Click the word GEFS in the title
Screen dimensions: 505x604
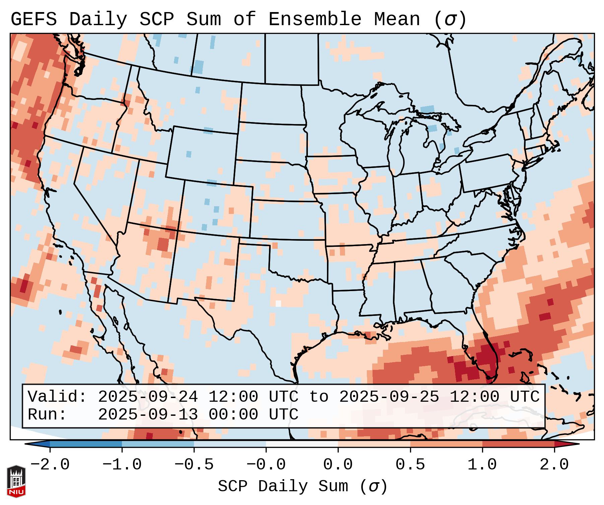point(34,19)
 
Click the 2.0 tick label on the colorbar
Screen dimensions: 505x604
point(554,465)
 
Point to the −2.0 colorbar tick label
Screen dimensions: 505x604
point(50,465)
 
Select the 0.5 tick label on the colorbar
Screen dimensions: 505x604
point(410,465)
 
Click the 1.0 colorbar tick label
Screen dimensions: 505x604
point(482,465)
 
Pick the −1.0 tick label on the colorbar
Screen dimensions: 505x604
point(122,465)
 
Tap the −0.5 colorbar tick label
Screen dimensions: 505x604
point(194,465)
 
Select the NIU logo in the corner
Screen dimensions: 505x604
point(16,481)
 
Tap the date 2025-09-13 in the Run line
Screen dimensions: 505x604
point(148,414)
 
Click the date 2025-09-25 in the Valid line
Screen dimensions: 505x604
point(389,397)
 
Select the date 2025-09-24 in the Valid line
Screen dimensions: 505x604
point(148,397)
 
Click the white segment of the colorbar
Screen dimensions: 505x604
point(302,444)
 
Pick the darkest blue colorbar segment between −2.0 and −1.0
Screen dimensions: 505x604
point(86,444)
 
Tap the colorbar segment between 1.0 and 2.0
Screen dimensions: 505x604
point(518,444)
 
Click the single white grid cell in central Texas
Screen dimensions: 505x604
point(278,303)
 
